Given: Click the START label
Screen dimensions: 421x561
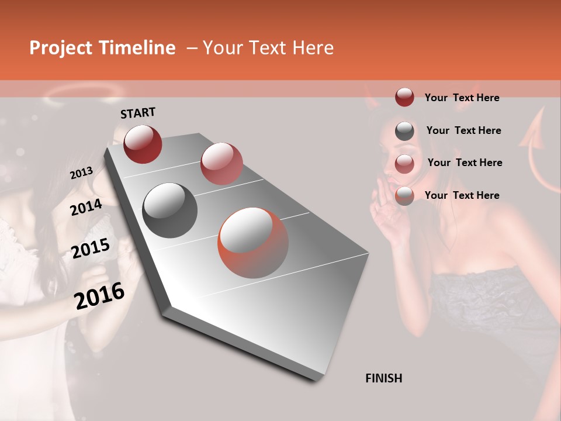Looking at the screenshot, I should click(138, 113).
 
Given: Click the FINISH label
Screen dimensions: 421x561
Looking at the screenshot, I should click(383, 378).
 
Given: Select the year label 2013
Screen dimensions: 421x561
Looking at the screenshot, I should click(82, 173).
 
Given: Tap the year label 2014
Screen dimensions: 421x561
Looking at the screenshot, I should click(86, 208).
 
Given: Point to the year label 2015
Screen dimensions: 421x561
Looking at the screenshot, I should click(91, 249).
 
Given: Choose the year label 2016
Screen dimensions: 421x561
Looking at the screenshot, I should click(99, 296).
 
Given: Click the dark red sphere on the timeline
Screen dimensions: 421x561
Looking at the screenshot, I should click(143, 144).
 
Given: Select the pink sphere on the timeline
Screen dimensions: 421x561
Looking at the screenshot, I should click(221, 163).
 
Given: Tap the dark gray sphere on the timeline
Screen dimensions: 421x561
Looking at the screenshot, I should click(170, 210).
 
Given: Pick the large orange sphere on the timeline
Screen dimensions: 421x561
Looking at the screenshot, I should click(253, 243).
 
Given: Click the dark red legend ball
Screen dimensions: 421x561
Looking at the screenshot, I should click(404, 97).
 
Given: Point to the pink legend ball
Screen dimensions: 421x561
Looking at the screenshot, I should click(404, 163).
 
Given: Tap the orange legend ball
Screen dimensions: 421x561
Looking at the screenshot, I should click(404, 196).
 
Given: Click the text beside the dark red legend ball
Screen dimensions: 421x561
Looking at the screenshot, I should click(462, 98).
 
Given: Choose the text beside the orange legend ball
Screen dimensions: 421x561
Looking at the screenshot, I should click(462, 195).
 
